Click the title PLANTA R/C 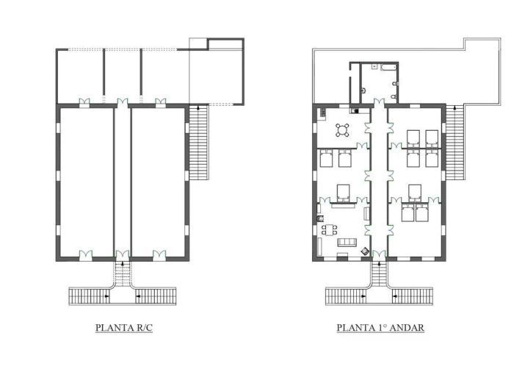(124, 327)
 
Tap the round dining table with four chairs (342, 130)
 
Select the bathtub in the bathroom (388, 68)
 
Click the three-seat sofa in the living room (347, 242)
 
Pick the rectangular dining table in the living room (330, 229)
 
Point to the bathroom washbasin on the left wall (363, 90)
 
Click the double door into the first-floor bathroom (379, 102)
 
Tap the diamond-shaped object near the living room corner (365, 251)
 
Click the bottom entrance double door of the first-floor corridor (379, 254)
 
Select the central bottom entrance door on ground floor (122, 255)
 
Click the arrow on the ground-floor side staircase (198, 108)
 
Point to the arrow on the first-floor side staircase (455, 108)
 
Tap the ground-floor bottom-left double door (86, 255)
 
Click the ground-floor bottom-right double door (159, 255)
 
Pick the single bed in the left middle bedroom (343, 193)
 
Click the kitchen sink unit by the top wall (355, 110)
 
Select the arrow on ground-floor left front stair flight (106, 296)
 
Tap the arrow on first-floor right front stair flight (395, 296)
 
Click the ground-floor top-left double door (84, 102)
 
